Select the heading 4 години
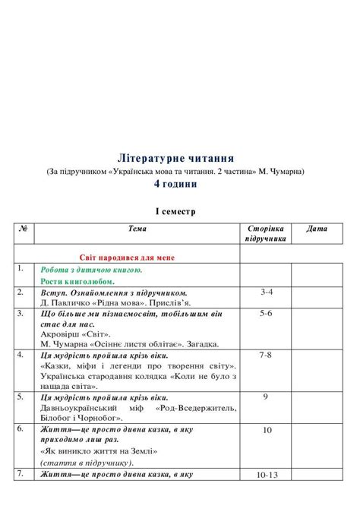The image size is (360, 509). tap(175, 184)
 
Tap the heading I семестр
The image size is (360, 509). tap(175, 211)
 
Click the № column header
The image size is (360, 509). tap(23, 228)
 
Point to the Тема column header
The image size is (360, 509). tap(137, 228)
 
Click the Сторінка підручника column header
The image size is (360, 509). tap(266, 232)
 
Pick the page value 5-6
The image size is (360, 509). tap(266, 312)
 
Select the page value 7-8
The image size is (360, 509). tap(266, 355)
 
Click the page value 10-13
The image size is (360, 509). tap(267, 475)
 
